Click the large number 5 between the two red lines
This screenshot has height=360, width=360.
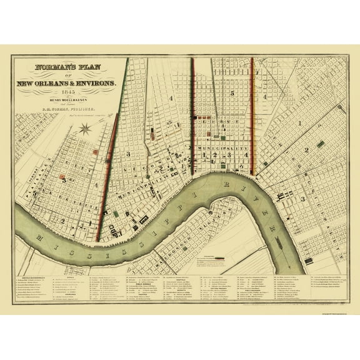coord(231,93)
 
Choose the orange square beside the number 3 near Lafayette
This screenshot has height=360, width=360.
coord(94,151)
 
